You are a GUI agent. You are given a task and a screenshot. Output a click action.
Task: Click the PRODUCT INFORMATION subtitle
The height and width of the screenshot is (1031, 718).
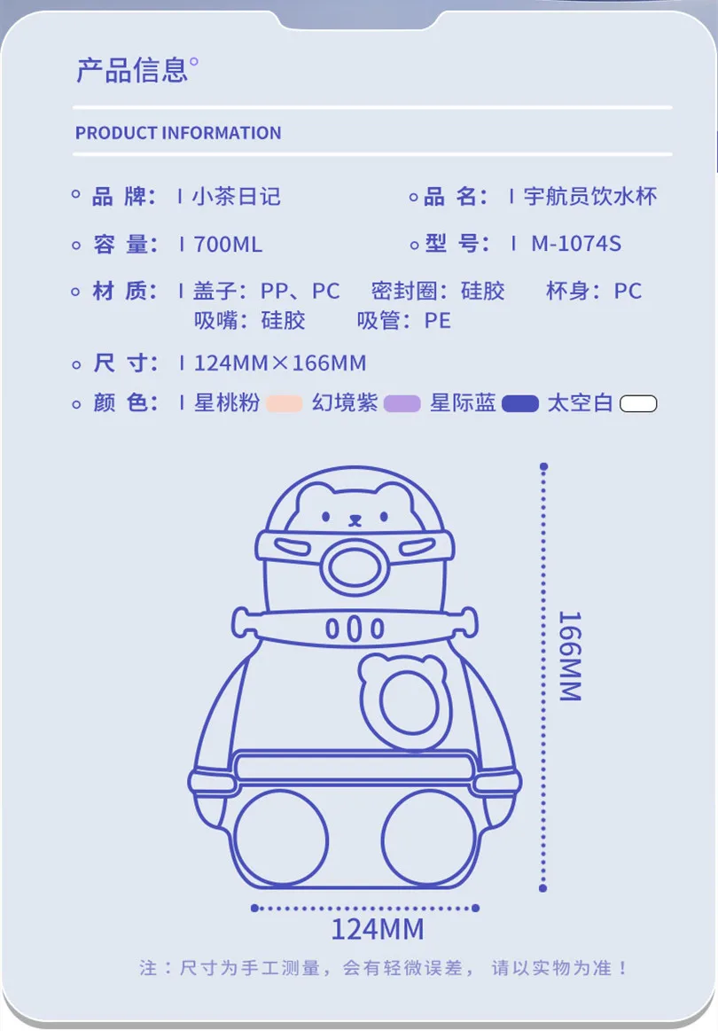178,133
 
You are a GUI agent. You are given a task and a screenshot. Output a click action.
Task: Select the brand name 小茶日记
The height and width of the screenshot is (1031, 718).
237,196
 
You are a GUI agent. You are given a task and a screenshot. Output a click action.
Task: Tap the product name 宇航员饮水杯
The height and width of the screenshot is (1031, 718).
590,196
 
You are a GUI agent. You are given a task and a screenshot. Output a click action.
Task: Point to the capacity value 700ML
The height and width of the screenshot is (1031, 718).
228,244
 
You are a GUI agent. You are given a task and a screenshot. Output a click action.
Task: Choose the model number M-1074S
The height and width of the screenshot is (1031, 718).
576,244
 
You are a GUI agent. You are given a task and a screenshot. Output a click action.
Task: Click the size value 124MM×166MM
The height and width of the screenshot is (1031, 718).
279,363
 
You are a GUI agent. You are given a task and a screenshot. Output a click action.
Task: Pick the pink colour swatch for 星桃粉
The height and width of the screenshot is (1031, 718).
285,404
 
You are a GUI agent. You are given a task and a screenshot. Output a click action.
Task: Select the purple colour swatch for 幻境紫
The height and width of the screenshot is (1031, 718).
402,404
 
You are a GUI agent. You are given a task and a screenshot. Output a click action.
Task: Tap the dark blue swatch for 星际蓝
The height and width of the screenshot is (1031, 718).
520,404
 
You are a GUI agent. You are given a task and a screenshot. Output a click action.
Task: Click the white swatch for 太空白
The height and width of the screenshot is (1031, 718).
638,404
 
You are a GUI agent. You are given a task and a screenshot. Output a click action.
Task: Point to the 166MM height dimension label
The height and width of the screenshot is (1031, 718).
569,656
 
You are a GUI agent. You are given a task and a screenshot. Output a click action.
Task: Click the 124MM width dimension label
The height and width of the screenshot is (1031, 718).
378,929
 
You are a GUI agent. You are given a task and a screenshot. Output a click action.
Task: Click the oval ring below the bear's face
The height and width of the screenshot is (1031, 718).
355,568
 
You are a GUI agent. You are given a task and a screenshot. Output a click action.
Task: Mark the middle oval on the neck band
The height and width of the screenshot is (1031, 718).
355,629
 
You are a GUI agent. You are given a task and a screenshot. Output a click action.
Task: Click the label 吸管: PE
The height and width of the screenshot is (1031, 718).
404,320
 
